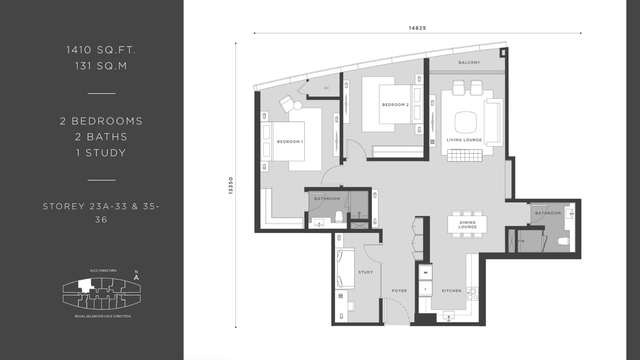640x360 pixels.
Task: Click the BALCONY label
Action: point(469,62)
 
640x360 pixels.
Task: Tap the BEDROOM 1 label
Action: point(290,142)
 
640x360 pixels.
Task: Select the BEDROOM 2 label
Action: point(395,105)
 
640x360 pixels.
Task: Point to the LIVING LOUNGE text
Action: point(464,140)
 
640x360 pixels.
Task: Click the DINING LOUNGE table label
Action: point(468,224)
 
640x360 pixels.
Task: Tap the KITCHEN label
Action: point(452,291)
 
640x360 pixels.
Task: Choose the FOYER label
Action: point(399,291)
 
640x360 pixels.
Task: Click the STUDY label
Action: point(366,272)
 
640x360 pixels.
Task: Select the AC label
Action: point(326,88)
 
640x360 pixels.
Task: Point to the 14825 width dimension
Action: point(417,28)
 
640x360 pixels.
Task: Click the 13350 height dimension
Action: point(231,186)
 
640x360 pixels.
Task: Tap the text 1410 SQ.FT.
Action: point(101,50)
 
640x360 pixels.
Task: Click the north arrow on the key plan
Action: point(136,277)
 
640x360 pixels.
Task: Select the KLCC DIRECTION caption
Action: point(103,270)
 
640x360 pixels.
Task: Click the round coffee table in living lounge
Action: point(466,122)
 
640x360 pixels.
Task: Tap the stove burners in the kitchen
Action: point(472,294)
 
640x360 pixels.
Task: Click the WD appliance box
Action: point(426,272)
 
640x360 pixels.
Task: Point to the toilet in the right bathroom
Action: point(564,241)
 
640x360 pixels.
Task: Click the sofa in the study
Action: point(345,268)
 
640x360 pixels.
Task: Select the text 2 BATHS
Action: point(101,137)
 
